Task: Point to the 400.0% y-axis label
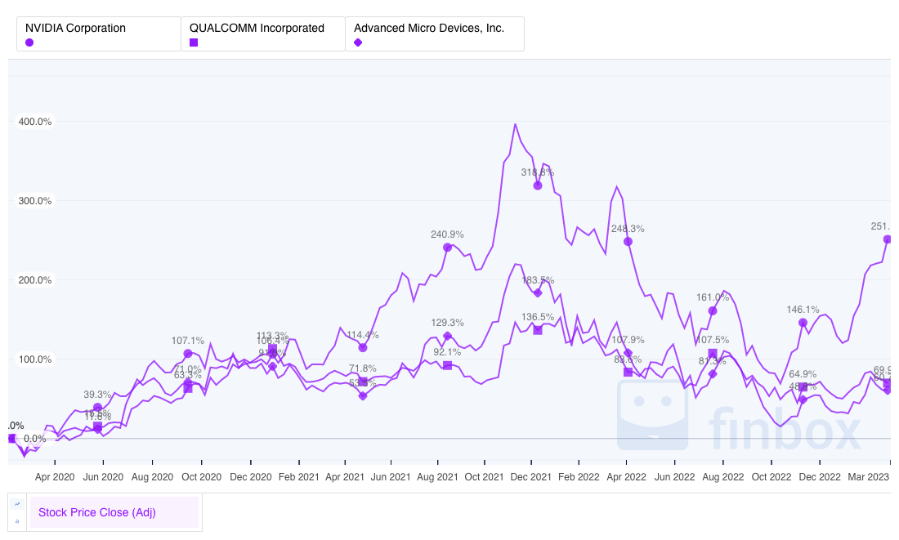[x=35, y=122]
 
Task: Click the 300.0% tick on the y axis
[x=35, y=201]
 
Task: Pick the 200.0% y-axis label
[x=35, y=280]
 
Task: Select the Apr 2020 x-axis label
[x=55, y=476]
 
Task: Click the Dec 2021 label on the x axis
[x=533, y=476]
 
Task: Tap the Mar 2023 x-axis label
[x=868, y=476]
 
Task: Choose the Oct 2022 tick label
[x=772, y=476]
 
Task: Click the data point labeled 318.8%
[x=538, y=185]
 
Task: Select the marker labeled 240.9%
[x=447, y=247]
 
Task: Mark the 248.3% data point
[x=628, y=241]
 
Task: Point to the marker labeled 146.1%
[x=803, y=323]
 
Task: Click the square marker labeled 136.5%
[x=538, y=330]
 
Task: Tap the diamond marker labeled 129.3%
[x=447, y=336]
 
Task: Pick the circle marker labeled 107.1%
[x=188, y=354]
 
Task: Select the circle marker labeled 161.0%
[x=713, y=310]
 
